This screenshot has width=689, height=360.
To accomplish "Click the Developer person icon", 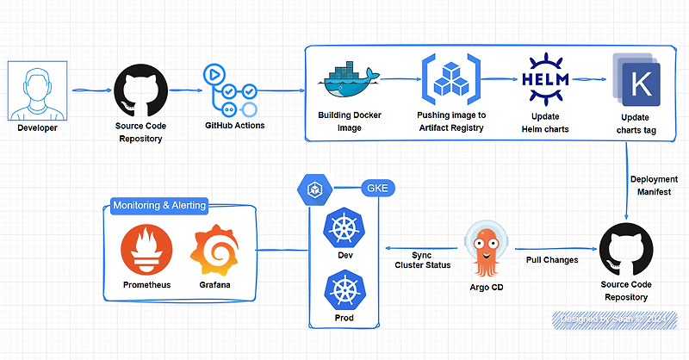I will [37, 90].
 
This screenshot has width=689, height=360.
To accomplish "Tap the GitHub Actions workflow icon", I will [229, 90].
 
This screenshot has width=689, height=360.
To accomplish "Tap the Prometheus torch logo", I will [146, 250].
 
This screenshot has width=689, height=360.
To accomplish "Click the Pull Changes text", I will [552, 259].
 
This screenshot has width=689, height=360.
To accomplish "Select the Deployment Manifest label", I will [650, 186].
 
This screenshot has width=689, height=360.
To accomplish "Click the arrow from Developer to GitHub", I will [90, 90].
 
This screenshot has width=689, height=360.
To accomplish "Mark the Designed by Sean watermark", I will [613, 320].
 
